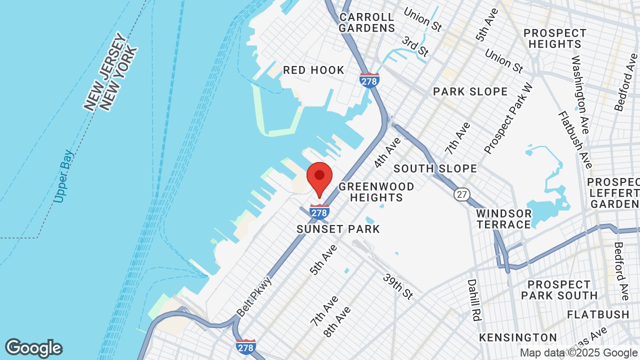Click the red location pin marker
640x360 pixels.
pyautogui.click(x=319, y=178)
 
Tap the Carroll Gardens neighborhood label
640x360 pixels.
pyautogui.click(x=366, y=23)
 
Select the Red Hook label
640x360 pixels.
pyautogui.click(x=313, y=70)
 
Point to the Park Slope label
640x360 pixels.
pyautogui.click(x=470, y=91)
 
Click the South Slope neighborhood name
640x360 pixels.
pyautogui.click(x=435, y=168)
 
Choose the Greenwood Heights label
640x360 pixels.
pyautogui.click(x=376, y=192)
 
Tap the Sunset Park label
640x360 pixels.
pyautogui.click(x=338, y=229)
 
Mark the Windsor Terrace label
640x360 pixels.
pyautogui.click(x=503, y=219)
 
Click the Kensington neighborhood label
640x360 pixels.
pyautogui.click(x=518, y=337)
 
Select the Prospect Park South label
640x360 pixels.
pyautogui.click(x=559, y=290)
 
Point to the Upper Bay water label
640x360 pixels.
pyautogui.click(x=64, y=176)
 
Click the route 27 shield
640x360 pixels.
pyautogui.click(x=462, y=194)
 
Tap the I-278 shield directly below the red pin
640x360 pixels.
pyautogui.click(x=319, y=212)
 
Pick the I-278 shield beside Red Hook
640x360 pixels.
pyautogui.click(x=369, y=80)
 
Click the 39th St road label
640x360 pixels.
pyautogui.click(x=398, y=286)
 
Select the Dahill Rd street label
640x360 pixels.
pyautogui.click(x=472, y=300)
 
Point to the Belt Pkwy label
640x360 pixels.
pyautogui.click(x=254, y=296)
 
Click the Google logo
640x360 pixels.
pyautogui.click(x=34, y=348)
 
